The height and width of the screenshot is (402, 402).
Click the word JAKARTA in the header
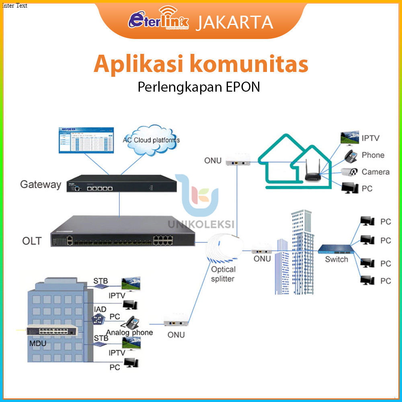pyautogui.click(x=235, y=22)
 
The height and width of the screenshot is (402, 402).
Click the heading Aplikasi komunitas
pyautogui.click(x=201, y=64)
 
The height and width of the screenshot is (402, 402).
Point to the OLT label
pyautogui.click(x=32, y=241)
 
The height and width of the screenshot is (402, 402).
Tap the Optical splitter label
pyautogui.click(x=223, y=274)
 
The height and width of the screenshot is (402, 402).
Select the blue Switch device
pyautogui.click(x=334, y=249)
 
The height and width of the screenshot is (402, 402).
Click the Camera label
pyautogui.click(x=375, y=172)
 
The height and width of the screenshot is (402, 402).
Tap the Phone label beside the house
pyautogui.click(x=373, y=155)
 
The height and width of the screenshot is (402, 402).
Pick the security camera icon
pyautogui.click(x=349, y=172)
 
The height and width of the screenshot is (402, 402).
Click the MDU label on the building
pyautogui.click(x=38, y=344)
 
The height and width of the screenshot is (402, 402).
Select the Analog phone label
pyautogui.click(x=129, y=332)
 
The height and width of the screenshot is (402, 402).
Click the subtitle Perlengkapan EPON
pyautogui.click(x=199, y=87)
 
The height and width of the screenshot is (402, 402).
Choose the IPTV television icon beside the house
pyautogui.click(x=349, y=138)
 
